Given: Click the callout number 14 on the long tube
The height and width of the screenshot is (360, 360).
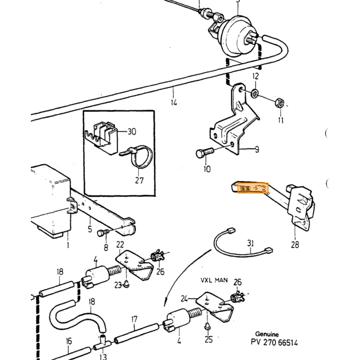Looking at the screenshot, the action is click(174, 102).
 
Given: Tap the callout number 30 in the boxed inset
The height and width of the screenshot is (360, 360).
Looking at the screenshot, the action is click(132, 132).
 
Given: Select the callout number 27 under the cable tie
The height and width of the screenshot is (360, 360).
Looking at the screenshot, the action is click(139, 181).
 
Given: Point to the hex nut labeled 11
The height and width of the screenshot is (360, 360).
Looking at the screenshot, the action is click(280, 102).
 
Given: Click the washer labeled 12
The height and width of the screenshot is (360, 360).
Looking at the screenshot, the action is click(255, 93).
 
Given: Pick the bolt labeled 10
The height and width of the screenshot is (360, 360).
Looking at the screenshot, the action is click(205, 152).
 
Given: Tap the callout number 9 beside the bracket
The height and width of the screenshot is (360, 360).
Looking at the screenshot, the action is click(257, 150).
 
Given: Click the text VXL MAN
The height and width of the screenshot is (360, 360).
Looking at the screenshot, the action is click(214, 280).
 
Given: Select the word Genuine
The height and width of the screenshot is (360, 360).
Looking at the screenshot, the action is click(267, 334).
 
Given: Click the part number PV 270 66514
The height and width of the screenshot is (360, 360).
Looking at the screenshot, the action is click(274, 343).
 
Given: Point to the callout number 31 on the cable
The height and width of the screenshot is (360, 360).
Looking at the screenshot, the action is click(250, 243).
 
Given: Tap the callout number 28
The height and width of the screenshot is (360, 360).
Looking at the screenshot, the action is click(295, 245).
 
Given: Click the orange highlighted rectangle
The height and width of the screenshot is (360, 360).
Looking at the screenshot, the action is click(253, 188).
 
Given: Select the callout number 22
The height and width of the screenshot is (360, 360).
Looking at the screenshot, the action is click(120, 245).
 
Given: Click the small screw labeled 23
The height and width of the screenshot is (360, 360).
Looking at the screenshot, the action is click(127, 284).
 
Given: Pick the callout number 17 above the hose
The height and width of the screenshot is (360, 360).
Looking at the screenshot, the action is click(134, 319).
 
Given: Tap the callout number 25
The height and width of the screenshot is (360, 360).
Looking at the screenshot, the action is click(208, 339).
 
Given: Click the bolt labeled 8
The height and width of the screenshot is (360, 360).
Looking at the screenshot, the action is click(103, 233).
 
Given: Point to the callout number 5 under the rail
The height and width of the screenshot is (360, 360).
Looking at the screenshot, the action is click(90, 229).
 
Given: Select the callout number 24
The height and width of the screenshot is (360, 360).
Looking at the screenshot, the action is click(184, 299).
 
